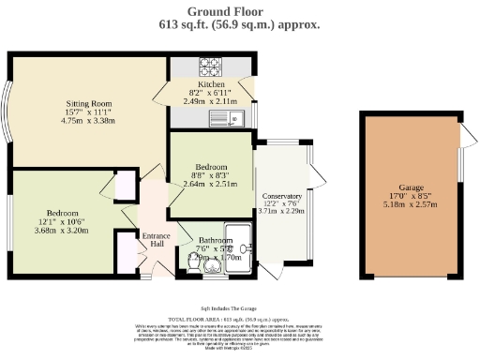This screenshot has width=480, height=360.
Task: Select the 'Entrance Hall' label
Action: (x=153, y=241)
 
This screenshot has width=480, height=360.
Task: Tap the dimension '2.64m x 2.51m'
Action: (x=210, y=184)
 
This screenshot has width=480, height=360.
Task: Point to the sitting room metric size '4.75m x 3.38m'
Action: (x=89, y=119)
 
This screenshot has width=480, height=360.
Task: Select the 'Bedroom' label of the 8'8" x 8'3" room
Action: (x=210, y=166)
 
